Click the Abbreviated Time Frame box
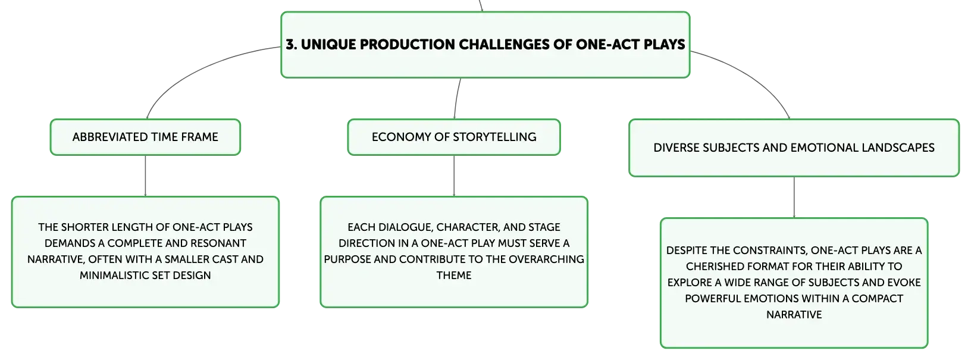coord(145,137)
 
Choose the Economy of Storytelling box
coord(454,137)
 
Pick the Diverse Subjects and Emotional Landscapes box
coord(794,148)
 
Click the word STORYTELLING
coord(494,137)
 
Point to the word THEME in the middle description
coord(454,276)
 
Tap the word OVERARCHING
coord(546,259)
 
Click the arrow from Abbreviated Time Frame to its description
coord(145,176)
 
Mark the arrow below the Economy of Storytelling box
coord(454,176)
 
